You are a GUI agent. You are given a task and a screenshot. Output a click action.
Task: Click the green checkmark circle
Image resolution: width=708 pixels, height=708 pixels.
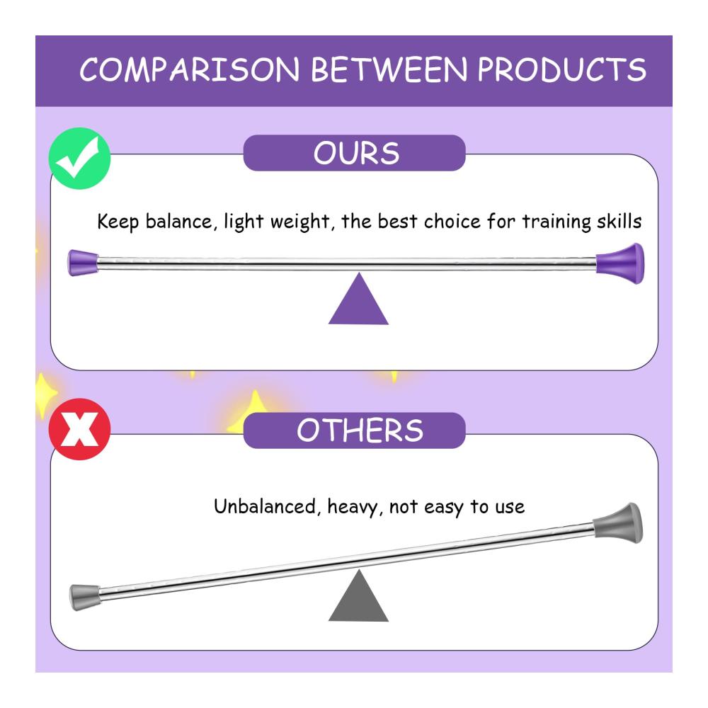[x=79, y=159]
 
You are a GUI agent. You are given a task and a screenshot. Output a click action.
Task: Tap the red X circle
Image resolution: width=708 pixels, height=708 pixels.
[x=79, y=429]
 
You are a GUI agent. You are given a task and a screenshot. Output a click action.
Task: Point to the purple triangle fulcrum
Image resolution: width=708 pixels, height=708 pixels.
[x=358, y=299]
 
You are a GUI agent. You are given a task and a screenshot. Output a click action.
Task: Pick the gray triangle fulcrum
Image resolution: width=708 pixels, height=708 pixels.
[x=358, y=595]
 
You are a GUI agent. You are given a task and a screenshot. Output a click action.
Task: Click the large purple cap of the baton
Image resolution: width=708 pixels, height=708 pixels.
[x=620, y=263]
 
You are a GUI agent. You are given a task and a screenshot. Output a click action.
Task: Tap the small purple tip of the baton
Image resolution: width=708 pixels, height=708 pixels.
[x=83, y=263]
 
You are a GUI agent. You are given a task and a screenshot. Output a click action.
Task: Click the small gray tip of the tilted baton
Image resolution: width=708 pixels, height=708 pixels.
[x=84, y=597]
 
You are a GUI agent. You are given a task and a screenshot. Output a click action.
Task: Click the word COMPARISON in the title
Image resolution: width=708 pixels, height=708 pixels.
[x=190, y=69]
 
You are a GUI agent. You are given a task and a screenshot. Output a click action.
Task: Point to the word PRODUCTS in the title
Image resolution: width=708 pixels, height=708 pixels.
[x=561, y=69]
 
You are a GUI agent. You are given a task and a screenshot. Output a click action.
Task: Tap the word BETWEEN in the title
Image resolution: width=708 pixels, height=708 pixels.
[x=389, y=69]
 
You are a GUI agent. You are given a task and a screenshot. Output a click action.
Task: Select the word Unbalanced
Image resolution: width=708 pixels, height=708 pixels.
[x=265, y=506]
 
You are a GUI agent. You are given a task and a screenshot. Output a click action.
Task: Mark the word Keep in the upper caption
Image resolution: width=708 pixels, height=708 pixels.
[x=118, y=222]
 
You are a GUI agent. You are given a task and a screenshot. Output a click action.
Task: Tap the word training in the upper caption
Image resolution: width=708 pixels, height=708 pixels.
[x=556, y=222]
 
